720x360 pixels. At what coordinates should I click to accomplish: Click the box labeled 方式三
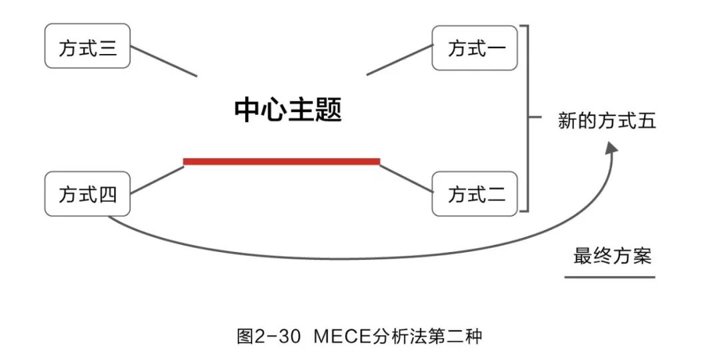87,47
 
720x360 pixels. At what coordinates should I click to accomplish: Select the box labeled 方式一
475,48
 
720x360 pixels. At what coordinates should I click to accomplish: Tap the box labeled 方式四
87,194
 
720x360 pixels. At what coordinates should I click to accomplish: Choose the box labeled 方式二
475,194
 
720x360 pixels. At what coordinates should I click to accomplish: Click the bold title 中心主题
288,111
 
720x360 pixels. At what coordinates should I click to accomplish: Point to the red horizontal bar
281,161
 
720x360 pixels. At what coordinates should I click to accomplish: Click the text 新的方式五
607,121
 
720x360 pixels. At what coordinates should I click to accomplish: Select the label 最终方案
612,255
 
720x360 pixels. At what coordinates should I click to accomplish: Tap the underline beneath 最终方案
609,275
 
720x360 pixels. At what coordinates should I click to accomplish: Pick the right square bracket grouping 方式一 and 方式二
527,119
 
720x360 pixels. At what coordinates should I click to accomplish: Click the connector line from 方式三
163,61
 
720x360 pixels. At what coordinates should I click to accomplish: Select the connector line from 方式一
399,61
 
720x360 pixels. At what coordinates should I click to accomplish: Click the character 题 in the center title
328,111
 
